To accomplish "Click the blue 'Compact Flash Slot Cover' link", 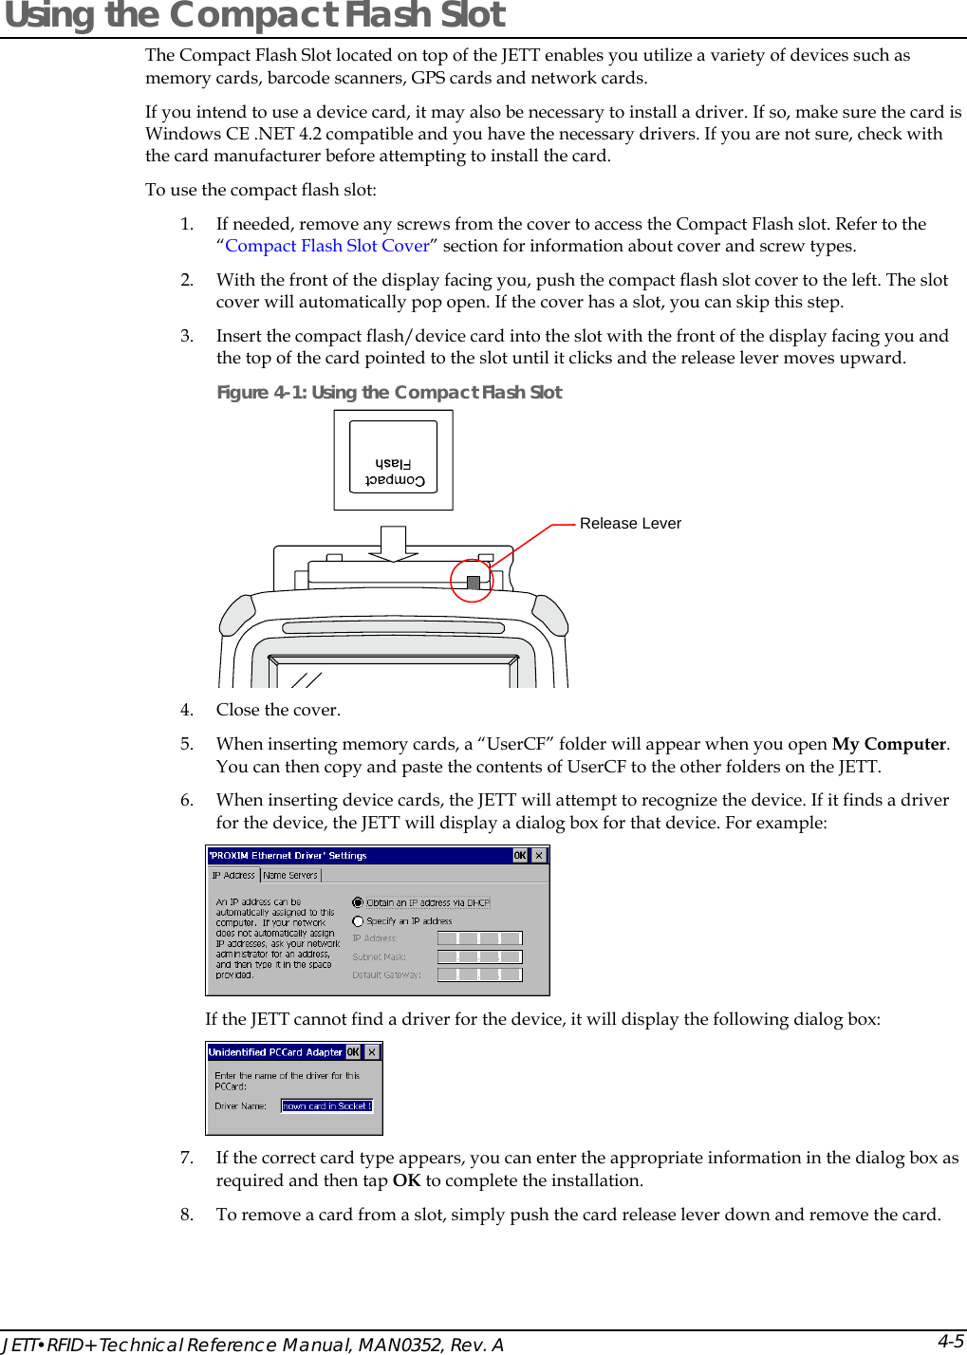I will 326,246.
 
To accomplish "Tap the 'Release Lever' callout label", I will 630,524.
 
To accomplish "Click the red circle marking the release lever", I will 472,581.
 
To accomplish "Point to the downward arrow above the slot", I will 393,545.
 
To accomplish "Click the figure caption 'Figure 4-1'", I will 389,393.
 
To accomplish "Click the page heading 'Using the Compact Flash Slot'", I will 254,16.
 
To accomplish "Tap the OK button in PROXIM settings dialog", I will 520,856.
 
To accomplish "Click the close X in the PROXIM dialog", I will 539,856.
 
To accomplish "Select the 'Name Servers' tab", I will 290,876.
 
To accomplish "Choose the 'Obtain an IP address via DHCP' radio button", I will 358,903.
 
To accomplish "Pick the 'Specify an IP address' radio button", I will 358,921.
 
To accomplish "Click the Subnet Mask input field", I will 479,956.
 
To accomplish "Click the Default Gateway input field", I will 479,974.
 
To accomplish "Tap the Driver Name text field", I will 326,1106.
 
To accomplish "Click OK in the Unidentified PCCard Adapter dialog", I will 353,1052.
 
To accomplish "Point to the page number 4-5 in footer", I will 950,1341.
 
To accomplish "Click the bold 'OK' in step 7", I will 406,1180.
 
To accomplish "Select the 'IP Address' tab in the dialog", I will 233,876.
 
